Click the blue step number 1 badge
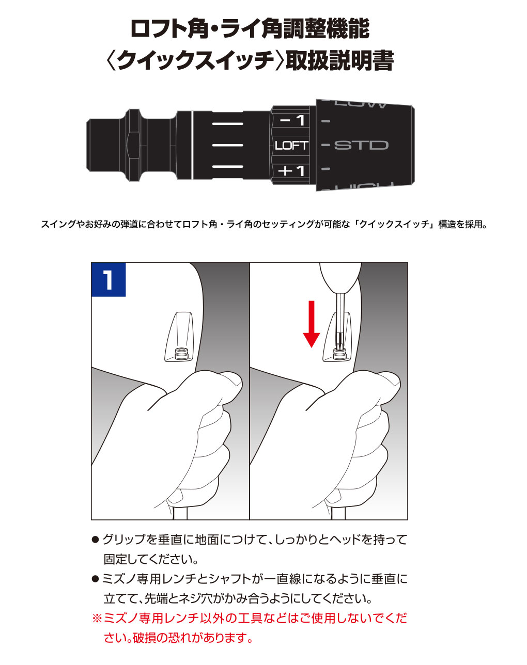109,279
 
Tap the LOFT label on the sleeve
291,146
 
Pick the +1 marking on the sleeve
292,170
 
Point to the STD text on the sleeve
361,145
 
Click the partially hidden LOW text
361,104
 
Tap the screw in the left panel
181,354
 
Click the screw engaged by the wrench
339,354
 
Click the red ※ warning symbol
97,618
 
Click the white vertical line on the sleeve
192,145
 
